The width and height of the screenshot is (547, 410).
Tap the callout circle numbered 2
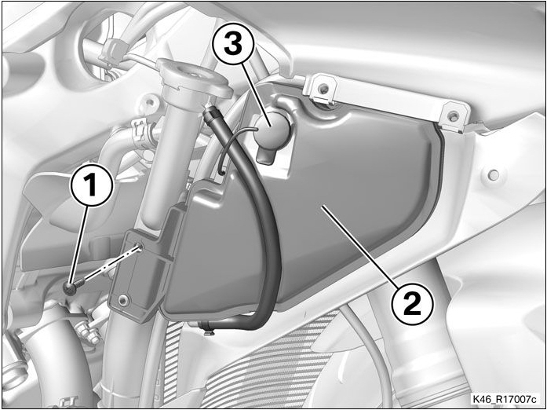[x=413, y=303]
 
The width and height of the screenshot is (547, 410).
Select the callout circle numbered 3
[x=233, y=45]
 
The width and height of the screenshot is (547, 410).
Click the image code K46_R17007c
[x=505, y=399]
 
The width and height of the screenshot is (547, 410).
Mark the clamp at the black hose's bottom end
[x=206, y=328]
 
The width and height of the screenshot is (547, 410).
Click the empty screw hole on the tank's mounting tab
[x=139, y=247]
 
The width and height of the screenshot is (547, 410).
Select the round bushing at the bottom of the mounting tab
[x=123, y=299]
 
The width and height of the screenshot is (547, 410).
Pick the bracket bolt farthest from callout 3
[x=453, y=115]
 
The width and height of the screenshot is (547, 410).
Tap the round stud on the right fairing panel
[x=494, y=174]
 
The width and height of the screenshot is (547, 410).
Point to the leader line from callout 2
[x=360, y=244]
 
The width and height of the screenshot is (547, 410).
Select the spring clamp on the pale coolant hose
[x=140, y=133]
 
